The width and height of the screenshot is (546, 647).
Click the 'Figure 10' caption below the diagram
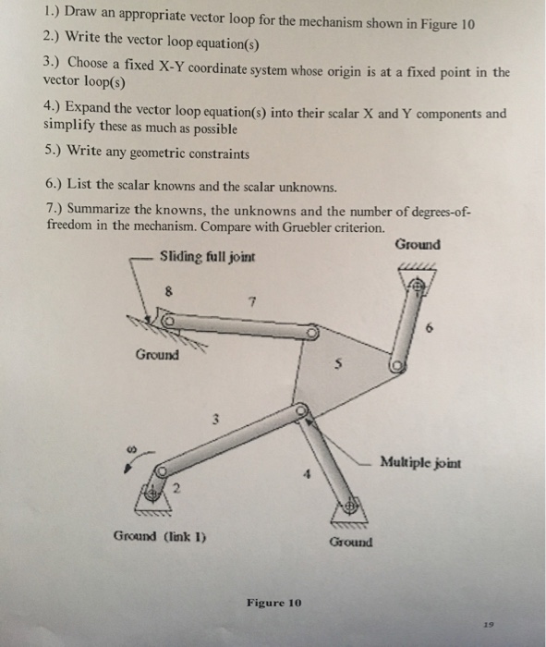click(273, 603)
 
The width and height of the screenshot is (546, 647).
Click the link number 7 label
click(249, 300)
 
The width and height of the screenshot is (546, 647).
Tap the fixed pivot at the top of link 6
click(418, 289)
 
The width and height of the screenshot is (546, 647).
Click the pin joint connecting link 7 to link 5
click(314, 331)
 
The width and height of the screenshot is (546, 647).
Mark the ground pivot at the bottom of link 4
click(349, 507)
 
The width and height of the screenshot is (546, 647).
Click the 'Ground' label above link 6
click(417, 245)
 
